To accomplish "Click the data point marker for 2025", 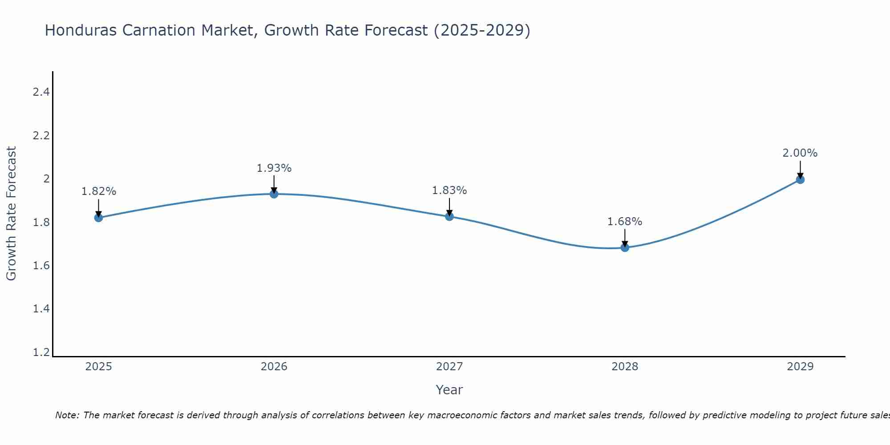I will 99,218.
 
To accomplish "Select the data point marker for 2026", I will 274,194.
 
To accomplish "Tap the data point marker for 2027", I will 449,217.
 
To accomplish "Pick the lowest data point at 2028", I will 625,247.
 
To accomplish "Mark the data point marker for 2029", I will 800,180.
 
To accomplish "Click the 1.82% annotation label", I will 99,191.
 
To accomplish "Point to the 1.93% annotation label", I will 274,168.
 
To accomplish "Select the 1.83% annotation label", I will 449,190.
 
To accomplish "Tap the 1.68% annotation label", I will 625,222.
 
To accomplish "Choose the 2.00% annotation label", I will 800,153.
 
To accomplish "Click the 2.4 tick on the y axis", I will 41,92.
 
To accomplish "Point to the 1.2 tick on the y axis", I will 41,352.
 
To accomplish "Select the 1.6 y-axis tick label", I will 41,266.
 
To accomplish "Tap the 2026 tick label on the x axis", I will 274,367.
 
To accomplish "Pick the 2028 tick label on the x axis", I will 625,367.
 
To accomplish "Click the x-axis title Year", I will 449,390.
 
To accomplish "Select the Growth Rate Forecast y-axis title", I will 11,214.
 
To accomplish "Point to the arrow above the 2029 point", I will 800,169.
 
